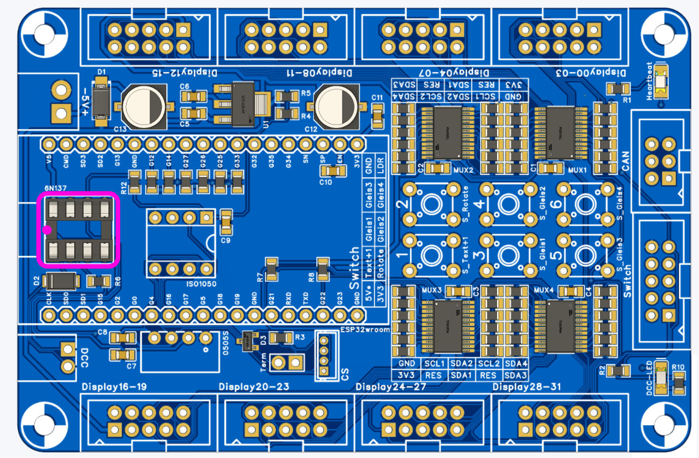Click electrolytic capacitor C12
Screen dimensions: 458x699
336,105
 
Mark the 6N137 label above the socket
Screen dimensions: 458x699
56,188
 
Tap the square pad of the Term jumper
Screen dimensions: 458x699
297,362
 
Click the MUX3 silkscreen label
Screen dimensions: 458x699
433,289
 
